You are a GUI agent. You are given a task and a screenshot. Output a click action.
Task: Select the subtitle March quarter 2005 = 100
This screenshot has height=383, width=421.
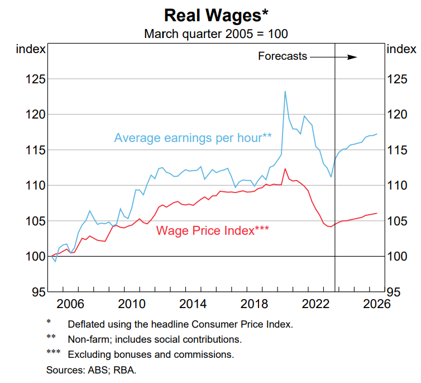click(216, 34)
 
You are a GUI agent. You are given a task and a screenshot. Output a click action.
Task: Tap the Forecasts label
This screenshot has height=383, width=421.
click(283, 56)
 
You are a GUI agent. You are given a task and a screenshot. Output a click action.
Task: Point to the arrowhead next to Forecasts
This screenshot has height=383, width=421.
click(352, 56)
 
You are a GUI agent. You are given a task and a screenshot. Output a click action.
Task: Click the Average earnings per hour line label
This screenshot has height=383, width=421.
click(193, 138)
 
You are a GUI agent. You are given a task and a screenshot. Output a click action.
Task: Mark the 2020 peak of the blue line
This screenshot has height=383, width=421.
click(285, 92)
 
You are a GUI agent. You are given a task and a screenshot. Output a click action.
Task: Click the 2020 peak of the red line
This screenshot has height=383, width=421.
click(285, 169)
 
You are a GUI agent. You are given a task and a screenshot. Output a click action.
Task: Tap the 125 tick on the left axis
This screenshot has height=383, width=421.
click(35, 79)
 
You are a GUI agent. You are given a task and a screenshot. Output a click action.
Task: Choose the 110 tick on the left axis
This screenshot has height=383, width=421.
click(35, 185)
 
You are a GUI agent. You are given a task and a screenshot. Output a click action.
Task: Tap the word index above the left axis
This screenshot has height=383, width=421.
click(30, 49)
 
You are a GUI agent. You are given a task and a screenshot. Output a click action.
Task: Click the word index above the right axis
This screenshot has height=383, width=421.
click(400, 49)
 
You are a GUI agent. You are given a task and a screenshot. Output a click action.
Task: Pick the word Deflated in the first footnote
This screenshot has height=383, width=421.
click(85, 324)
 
